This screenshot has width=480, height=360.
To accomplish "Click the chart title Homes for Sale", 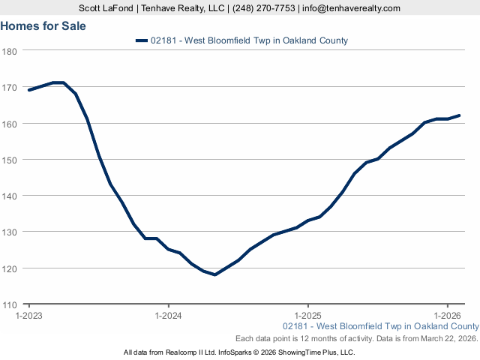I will tap(43, 26).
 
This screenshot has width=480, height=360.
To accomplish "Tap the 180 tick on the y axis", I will tap(10, 51).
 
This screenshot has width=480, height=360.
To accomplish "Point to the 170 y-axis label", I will tap(10, 88).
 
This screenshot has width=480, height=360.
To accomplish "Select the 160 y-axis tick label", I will tap(10, 124).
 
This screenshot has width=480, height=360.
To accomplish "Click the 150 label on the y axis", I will tap(10, 160).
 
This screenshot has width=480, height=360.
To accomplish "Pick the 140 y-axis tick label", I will tap(10, 196).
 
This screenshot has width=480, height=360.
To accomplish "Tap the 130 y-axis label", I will tap(10, 232).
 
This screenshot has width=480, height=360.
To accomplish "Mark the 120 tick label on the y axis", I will tap(10, 268).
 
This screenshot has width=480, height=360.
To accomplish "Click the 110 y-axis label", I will tap(10, 304).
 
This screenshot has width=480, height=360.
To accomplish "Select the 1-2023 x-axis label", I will tap(29, 316).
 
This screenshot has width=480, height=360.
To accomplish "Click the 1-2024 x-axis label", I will tap(168, 316).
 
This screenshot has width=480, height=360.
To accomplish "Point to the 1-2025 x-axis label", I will tap(307, 316).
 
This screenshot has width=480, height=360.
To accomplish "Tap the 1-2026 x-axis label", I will tap(447, 316).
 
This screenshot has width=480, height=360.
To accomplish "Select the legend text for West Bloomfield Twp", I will tap(249, 41).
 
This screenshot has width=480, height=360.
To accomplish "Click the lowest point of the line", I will tap(214, 274).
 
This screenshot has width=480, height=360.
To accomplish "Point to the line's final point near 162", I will tap(459, 115).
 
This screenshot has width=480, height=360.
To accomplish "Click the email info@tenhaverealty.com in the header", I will tap(351, 8).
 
